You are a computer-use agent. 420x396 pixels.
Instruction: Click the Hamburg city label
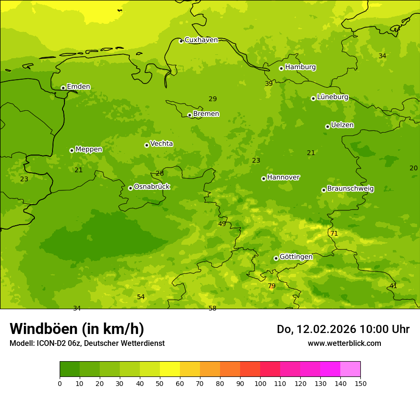pyautogui.click(x=300, y=67)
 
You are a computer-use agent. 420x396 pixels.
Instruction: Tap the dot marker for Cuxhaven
pyautogui.click(x=181, y=41)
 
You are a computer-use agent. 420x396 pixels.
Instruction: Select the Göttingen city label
pyautogui.click(x=296, y=257)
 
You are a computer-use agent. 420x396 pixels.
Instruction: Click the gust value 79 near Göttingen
pyautogui.click(x=272, y=286)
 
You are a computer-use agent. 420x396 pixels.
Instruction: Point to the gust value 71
pyautogui.click(x=334, y=233)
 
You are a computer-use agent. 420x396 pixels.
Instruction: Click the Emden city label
pyautogui.click(x=78, y=86)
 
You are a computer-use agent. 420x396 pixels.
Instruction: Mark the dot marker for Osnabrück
pyautogui.click(x=130, y=188)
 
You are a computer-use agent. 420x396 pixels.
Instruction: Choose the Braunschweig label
pyautogui.click(x=350, y=188)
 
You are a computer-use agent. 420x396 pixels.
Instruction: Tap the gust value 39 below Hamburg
pyautogui.click(x=269, y=83)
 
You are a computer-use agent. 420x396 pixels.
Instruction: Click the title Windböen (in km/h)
pyautogui.click(x=77, y=329)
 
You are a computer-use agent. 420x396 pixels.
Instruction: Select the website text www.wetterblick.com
pyautogui.click(x=344, y=343)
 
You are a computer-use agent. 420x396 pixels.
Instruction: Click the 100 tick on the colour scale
pyautogui.click(x=260, y=383)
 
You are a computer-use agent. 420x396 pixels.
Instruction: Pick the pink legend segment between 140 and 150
pyautogui.click(x=350, y=369)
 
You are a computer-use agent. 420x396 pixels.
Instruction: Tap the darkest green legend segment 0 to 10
pyautogui.click(x=70, y=369)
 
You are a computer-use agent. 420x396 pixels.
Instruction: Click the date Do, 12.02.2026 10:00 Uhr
pyautogui.click(x=343, y=329)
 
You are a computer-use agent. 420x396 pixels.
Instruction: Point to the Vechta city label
pyautogui.click(x=161, y=144)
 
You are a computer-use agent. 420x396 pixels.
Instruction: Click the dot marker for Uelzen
pyautogui.click(x=327, y=126)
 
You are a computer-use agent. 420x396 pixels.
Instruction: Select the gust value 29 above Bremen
pyautogui.click(x=212, y=99)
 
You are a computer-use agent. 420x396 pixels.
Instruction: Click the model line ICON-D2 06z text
pyautogui.click(x=87, y=343)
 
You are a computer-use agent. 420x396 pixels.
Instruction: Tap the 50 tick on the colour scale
pyautogui.click(x=160, y=383)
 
